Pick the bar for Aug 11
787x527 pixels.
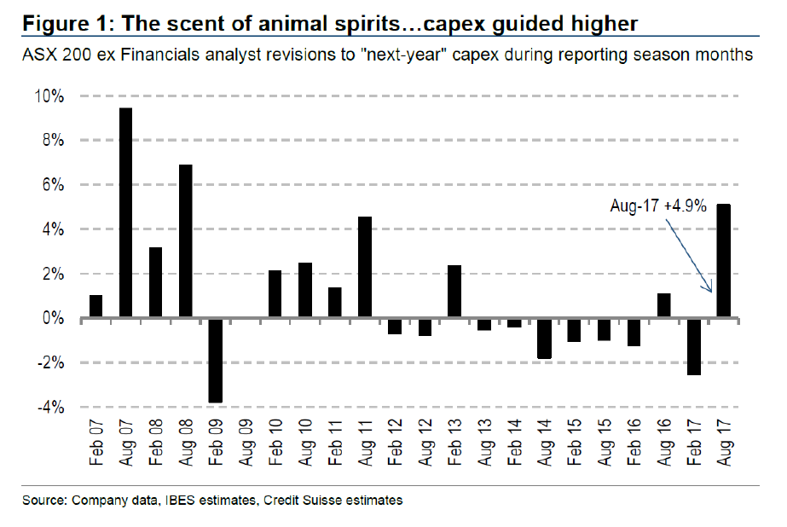click(x=364, y=267)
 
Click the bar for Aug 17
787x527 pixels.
click(x=724, y=261)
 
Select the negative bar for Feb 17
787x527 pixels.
click(x=693, y=346)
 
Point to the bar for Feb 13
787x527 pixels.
click(x=454, y=292)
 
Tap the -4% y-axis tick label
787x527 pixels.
click(x=50, y=408)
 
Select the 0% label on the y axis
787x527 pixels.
click(x=53, y=319)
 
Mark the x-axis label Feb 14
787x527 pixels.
click(x=515, y=443)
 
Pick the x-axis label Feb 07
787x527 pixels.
click(x=95, y=443)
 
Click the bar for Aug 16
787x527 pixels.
click(x=663, y=305)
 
